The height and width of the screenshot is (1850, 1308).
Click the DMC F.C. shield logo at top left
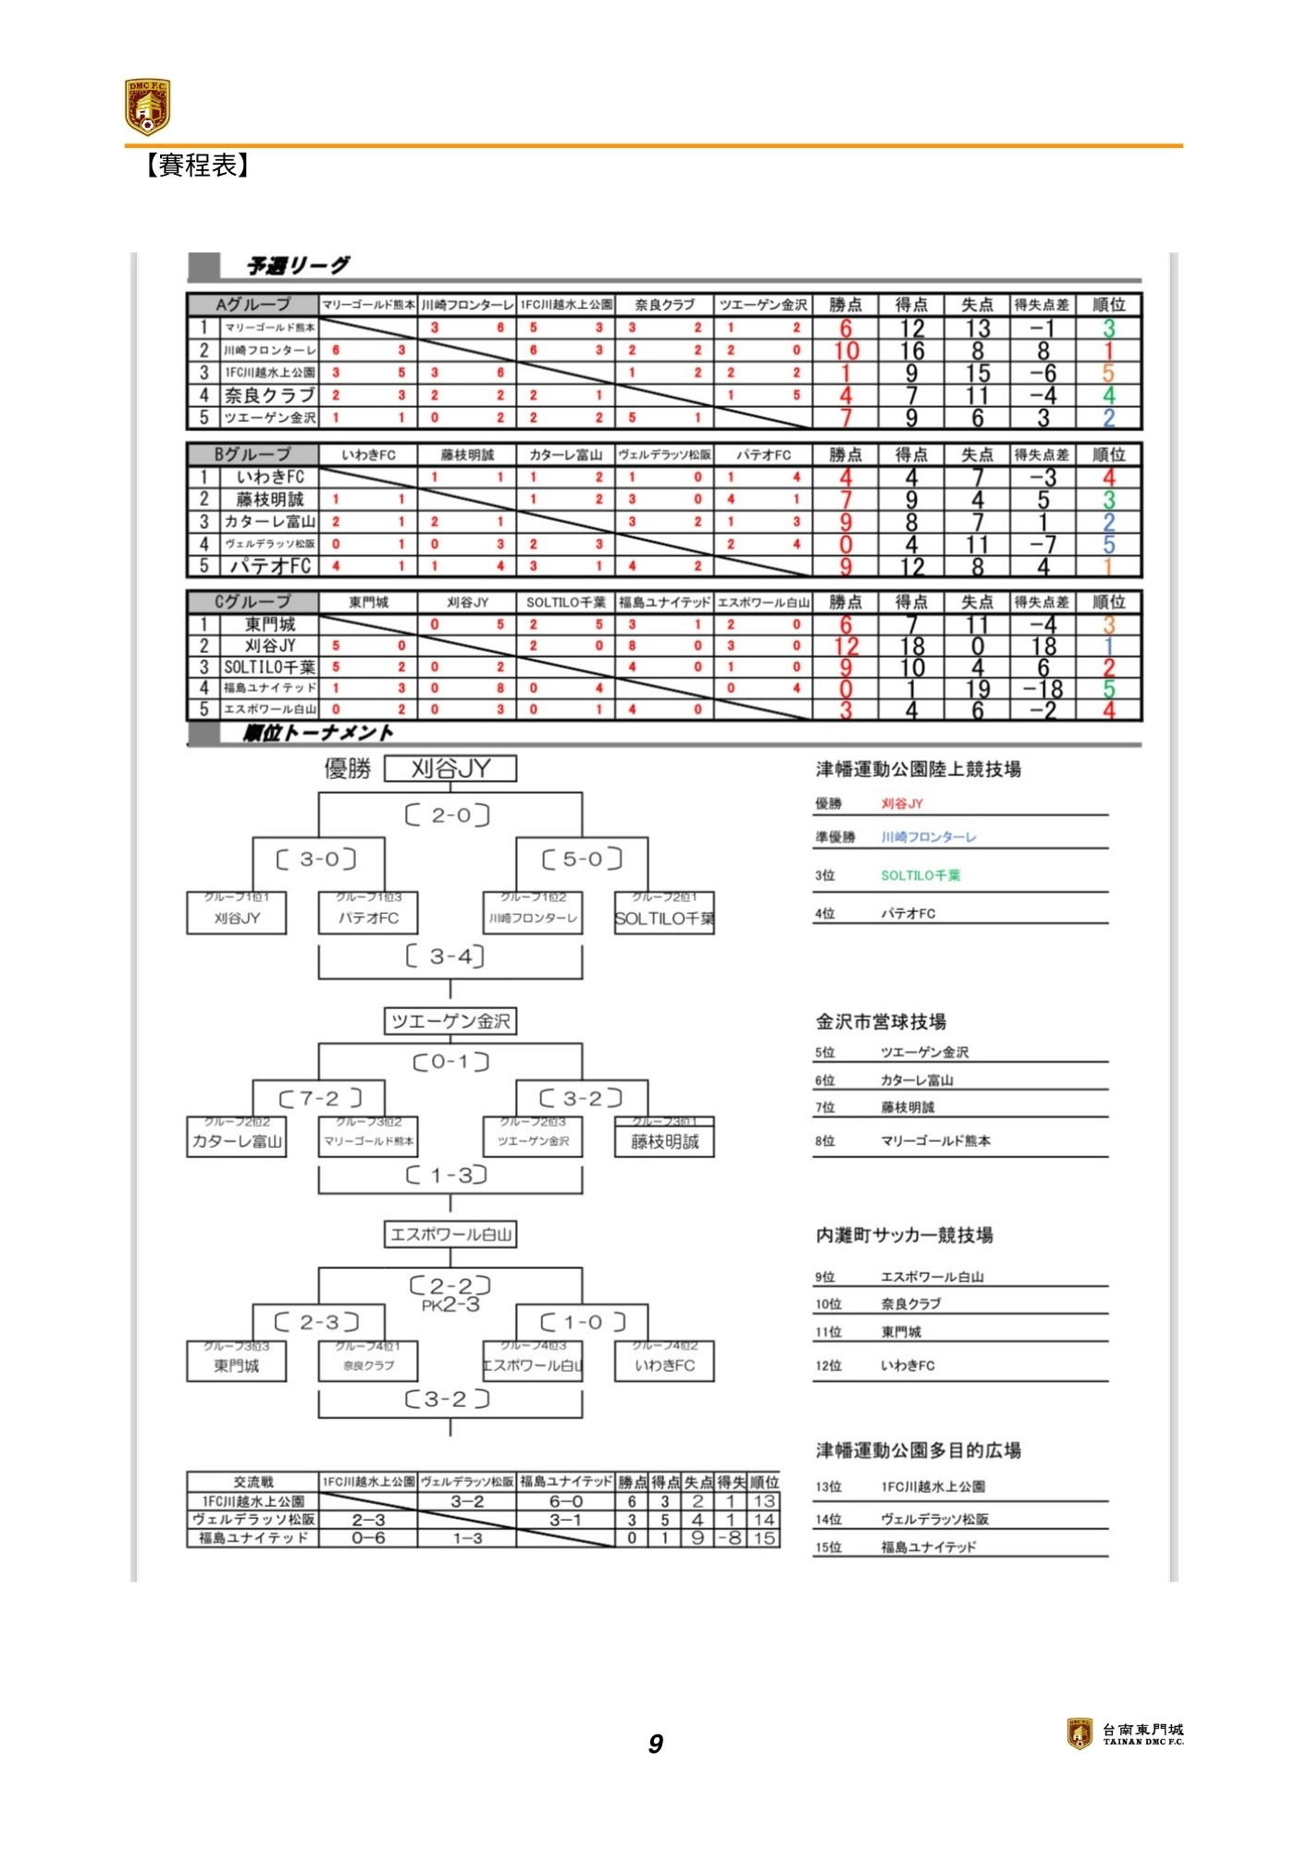[x=147, y=106]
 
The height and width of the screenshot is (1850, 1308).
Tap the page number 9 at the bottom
[x=655, y=1744]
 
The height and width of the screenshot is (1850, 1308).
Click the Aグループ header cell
[x=253, y=304]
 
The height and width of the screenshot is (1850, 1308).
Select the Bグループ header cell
[x=253, y=454]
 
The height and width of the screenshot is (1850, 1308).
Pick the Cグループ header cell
[x=253, y=602]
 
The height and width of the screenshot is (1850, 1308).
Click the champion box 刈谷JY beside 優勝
[x=450, y=769]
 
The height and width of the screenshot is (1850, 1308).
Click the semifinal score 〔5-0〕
[x=582, y=859]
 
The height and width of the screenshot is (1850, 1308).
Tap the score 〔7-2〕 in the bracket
[x=320, y=1098]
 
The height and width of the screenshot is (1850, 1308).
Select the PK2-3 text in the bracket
[x=450, y=1305]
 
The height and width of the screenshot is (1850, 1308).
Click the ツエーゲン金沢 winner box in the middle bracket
[x=450, y=1021]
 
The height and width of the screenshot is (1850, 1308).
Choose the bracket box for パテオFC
[x=368, y=918]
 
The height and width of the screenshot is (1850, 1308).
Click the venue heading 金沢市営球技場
[x=881, y=1022]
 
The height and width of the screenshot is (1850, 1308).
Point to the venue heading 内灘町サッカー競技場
[x=905, y=1236]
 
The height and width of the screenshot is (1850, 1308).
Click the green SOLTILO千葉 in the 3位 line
[x=920, y=875]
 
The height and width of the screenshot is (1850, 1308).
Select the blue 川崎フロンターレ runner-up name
[x=929, y=837]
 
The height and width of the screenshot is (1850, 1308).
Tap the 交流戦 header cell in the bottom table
[x=253, y=1482]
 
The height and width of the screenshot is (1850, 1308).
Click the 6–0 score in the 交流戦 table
[x=565, y=1501]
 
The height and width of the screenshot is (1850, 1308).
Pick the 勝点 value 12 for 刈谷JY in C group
[x=846, y=646]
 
